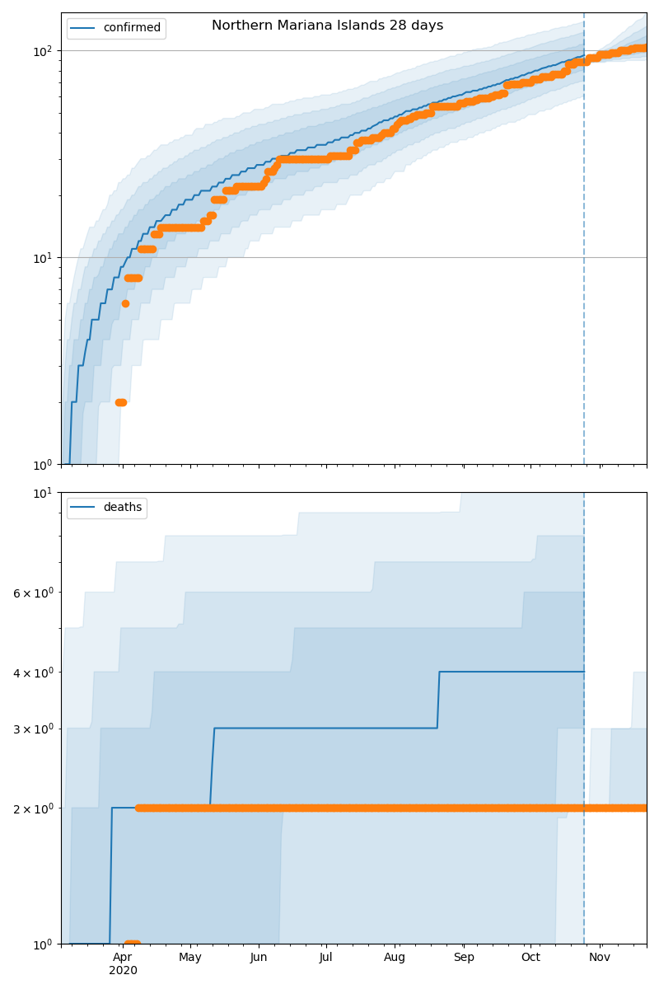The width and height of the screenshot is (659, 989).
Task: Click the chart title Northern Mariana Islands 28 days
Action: (327, 26)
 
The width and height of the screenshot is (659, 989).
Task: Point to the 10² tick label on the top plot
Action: (42, 51)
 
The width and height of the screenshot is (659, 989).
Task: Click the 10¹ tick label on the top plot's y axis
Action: (42, 258)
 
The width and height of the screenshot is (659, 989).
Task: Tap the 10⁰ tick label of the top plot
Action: (42, 465)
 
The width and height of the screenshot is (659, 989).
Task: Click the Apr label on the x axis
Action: (122, 958)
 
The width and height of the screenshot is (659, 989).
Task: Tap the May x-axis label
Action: (190, 958)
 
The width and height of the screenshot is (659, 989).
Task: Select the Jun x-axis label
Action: (259, 958)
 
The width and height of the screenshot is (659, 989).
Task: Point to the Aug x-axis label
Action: (395, 958)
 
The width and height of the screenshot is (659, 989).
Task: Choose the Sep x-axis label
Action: (464, 958)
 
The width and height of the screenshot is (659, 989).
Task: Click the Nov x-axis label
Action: (600, 958)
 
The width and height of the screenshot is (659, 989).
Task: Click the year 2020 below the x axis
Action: (123, 971)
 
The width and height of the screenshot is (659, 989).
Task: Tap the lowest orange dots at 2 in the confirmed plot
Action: (120, 402)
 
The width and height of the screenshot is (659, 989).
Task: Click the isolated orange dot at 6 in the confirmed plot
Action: (125, 303)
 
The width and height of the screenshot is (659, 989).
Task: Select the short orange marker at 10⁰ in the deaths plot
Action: (132, 943)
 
